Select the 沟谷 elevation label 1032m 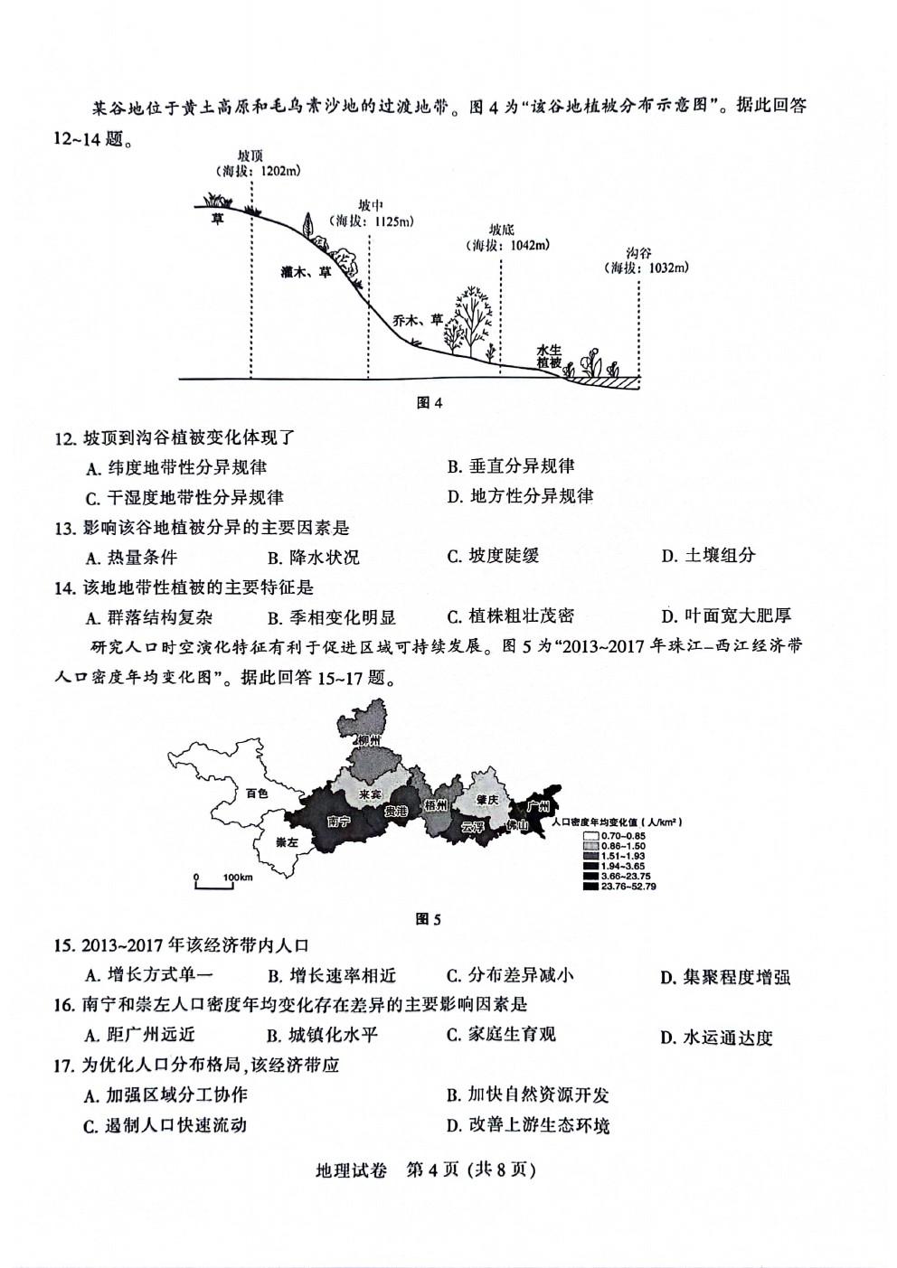(647, 268)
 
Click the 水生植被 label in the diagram (549, 357)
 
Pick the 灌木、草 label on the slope (306, 272)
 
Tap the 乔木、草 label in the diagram (418, 321)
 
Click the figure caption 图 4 (429, 402)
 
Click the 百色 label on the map (257, 794)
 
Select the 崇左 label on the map (288, 842)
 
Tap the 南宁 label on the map (339, 822)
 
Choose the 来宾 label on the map (370, 794)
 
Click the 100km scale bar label (238, 878)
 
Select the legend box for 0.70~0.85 (590, 836)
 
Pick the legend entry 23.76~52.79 (619, 887)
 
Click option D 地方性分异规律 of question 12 (520, 496)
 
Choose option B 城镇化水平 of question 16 (322, 1036)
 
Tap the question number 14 (65, 588)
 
